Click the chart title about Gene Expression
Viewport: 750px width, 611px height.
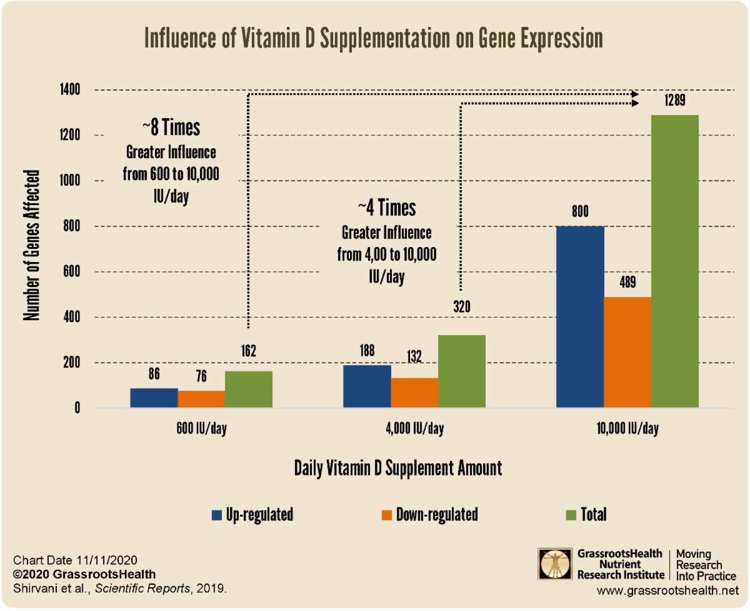click(374, 39)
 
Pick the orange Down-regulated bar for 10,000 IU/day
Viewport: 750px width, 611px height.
click(627, 353)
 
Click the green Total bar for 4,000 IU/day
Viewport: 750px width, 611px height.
click(462, 371)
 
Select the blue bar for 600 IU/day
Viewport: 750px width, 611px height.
click(154, 398)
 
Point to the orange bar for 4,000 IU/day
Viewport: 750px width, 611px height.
click(414, 393)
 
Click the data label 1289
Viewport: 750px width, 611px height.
click(674, 101)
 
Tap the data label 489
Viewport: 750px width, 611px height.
click(627, 283)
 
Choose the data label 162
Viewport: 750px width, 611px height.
click(249, 350)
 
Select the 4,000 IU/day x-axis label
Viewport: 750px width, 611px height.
click(414, 429)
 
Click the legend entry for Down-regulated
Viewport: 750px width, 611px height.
click(429, 515)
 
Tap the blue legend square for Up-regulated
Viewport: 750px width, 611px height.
click(217, 515)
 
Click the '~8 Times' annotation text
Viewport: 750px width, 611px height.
click(171, 128)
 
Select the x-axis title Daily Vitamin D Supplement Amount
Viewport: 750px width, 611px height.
click(398, 468)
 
